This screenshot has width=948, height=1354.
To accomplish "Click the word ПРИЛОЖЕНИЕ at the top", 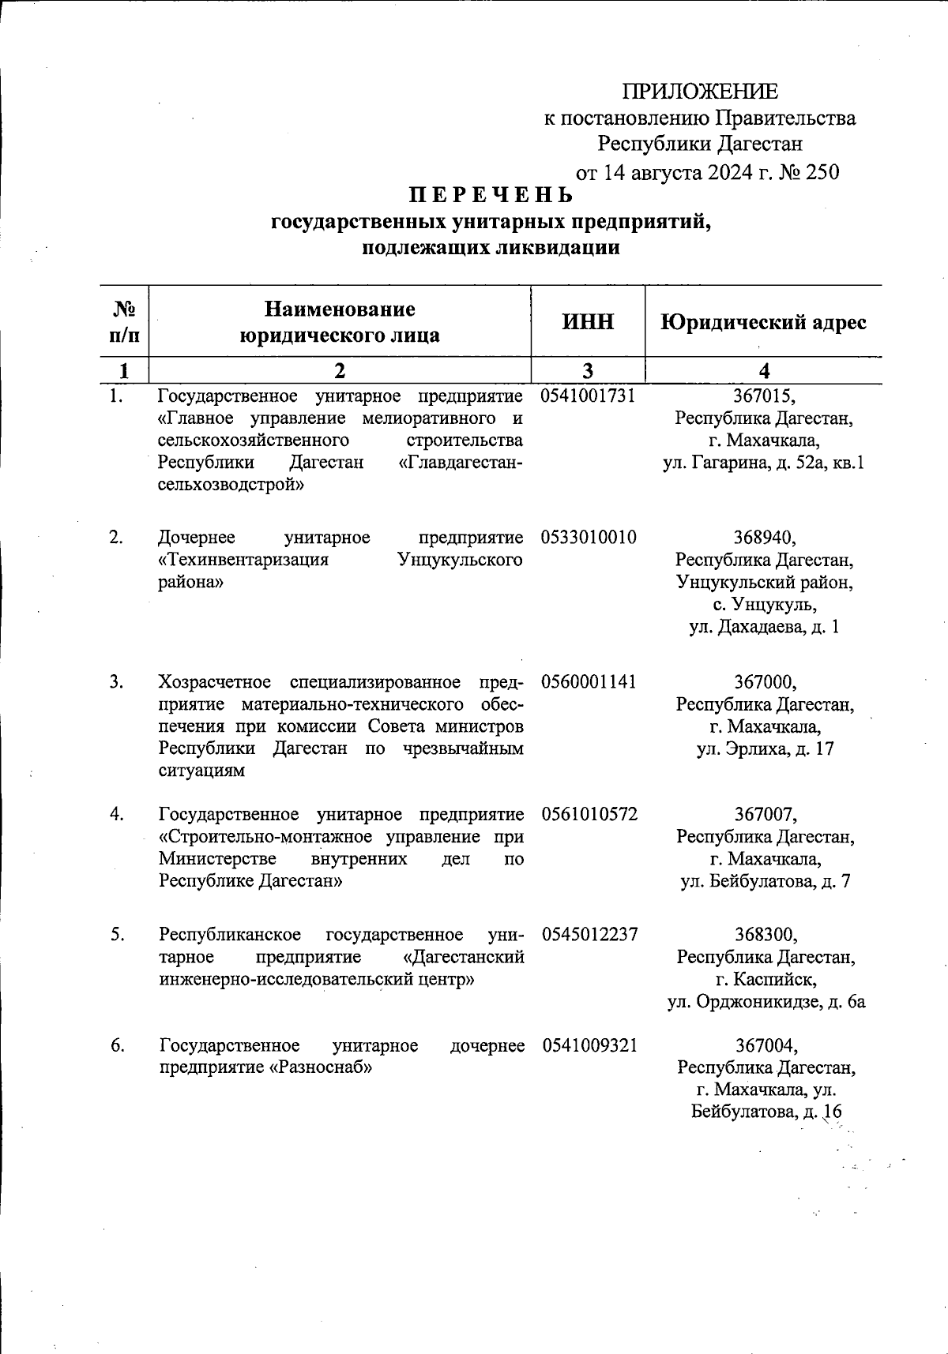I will tap(700, 92).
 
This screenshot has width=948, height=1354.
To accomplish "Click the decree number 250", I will tap(822, 172).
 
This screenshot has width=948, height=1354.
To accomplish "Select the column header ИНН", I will tap(588, 321).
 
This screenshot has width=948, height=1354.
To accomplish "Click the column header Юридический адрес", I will tap(763, 322).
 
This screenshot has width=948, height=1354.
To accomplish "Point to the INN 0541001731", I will tap(589, 395).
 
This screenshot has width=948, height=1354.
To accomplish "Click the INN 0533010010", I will tap(589, 538).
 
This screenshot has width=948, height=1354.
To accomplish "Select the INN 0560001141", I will tap(589, 681).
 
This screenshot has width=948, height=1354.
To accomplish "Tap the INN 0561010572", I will tap(589, 814).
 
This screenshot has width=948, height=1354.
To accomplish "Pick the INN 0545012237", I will tap(589, 935).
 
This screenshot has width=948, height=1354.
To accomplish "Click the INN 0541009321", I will tap(589, 1046).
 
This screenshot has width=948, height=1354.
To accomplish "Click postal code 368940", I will tap(764, 538).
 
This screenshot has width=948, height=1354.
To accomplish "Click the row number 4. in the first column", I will tap(117, 814).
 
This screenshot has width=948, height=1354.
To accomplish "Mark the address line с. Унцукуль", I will tap(764, 605).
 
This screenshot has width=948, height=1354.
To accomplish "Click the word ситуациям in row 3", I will tap(201, 771).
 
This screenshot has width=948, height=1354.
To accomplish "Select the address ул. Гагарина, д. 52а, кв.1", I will tap(764, 463).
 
